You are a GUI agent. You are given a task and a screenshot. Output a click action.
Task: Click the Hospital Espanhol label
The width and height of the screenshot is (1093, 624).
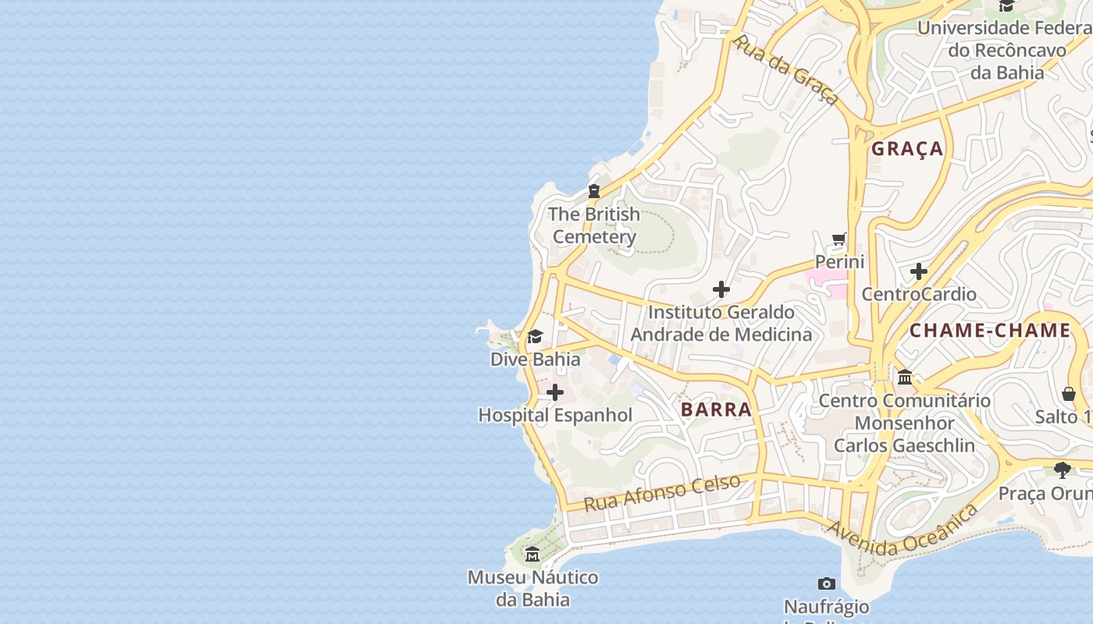coord(555,415)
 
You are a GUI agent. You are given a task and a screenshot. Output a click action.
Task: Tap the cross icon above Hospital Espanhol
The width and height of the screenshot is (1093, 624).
coord(555,392)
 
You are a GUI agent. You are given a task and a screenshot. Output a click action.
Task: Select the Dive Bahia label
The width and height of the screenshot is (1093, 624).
coord(535,359)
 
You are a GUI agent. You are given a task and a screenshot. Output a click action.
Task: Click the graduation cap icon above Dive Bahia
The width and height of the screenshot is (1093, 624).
coord(535,337)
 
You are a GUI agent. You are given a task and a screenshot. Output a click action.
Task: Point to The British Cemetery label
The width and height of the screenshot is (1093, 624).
coord(594,225)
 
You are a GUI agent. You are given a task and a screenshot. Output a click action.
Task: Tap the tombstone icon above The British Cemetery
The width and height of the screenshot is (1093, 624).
coord(594,190)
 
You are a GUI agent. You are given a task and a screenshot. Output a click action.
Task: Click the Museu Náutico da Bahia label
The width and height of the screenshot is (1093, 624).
coord(532,588)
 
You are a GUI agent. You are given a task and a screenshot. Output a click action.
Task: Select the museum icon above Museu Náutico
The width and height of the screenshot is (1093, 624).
coord(532,555)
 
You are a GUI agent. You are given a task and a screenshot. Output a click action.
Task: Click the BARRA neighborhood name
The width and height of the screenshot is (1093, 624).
coord(716,409)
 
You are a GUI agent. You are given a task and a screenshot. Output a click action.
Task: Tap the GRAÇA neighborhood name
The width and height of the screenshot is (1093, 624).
coord(907,149)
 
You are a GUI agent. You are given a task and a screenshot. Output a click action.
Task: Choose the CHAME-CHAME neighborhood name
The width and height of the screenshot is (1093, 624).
coord(990,330)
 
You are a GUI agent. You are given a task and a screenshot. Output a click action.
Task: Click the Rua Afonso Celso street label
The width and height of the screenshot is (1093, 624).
coord(662,493)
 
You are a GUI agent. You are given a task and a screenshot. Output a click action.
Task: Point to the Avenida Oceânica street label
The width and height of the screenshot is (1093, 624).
coord(903,532)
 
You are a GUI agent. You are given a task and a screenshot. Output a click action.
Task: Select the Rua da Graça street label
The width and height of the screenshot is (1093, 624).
coord(785,69)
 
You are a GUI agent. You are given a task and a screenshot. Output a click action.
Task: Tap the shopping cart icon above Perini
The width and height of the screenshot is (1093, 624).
coord(839,239)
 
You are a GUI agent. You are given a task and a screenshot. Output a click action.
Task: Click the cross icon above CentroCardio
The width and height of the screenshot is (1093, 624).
coord(919,271)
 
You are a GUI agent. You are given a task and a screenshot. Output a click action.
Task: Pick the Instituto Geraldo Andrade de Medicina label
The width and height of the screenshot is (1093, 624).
coord(721,323)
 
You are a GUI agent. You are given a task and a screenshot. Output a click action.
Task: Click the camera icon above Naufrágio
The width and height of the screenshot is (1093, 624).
coord(827,583)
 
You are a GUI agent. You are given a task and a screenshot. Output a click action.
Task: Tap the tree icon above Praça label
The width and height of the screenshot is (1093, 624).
coord(1062,470)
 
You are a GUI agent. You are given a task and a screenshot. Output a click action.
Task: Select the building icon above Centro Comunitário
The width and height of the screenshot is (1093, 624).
coord(905,378)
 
